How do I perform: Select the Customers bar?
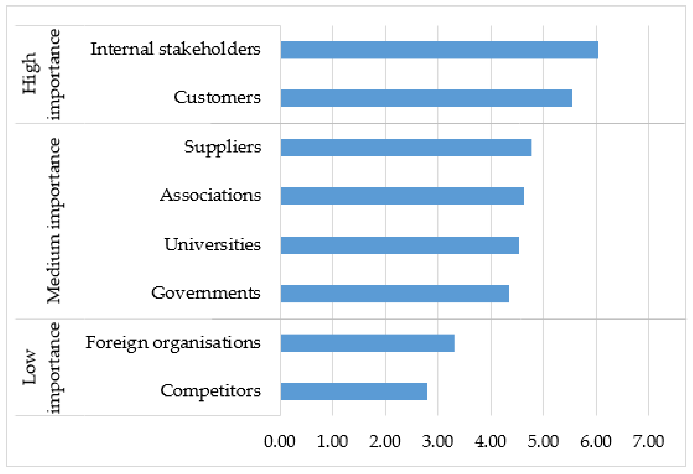click(x=427, y=98)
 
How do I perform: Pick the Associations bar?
click(x=402, y=196)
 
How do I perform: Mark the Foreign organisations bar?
click(x=367, y=343)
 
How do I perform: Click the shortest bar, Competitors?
click(x=354, y=391)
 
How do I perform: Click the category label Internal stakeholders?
click(x=175, y=49)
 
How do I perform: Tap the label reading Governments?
click(x=206, y=293)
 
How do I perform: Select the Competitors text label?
click(x=211, y=391)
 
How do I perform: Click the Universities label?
click(x=212, y=245)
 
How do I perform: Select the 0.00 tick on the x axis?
click(x=279, y=441)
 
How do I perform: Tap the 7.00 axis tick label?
click(x=648, y=441)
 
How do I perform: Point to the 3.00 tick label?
click(x=437, y=441)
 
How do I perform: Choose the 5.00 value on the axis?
click(x=543, y=441)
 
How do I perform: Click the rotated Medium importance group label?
click(x=54, y=221)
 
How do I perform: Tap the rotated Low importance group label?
click(x=42, y=367)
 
